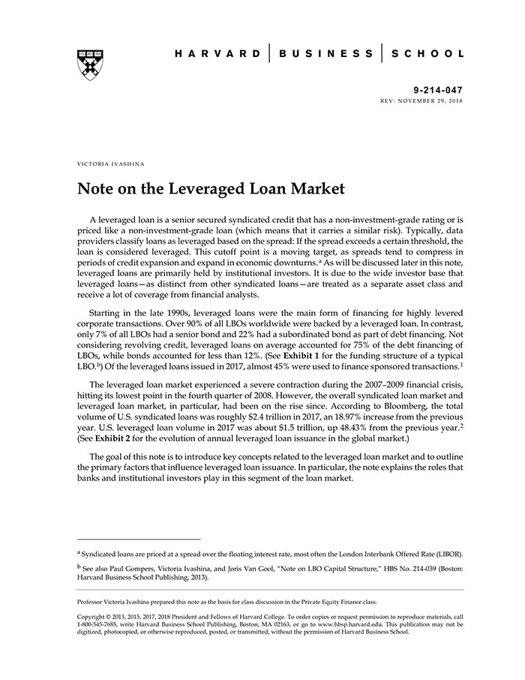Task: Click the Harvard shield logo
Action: pos(89,65)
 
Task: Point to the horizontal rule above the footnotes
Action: pos(139,539)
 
